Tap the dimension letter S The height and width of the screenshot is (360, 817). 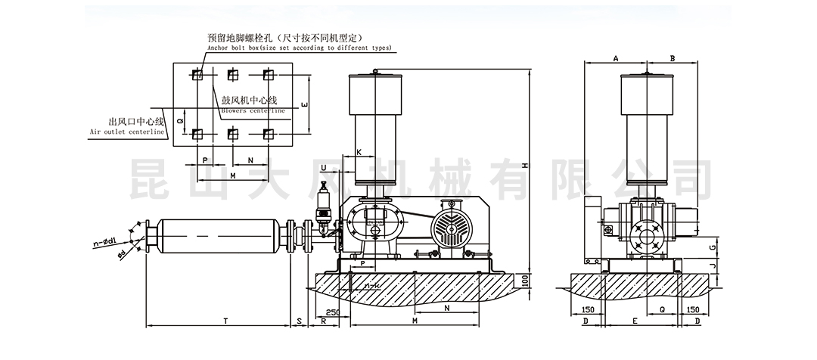[x=300, y=321]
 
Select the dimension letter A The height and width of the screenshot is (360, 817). [x=616, y=58]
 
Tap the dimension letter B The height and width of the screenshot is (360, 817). [x=672, y=58]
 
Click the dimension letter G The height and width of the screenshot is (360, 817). [x=713, y=247]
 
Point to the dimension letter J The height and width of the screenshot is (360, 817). [x=713, y=266]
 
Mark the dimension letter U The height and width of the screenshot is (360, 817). [x=324, y=167]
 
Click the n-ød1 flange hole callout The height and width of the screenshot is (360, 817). [x=104, y=244]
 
